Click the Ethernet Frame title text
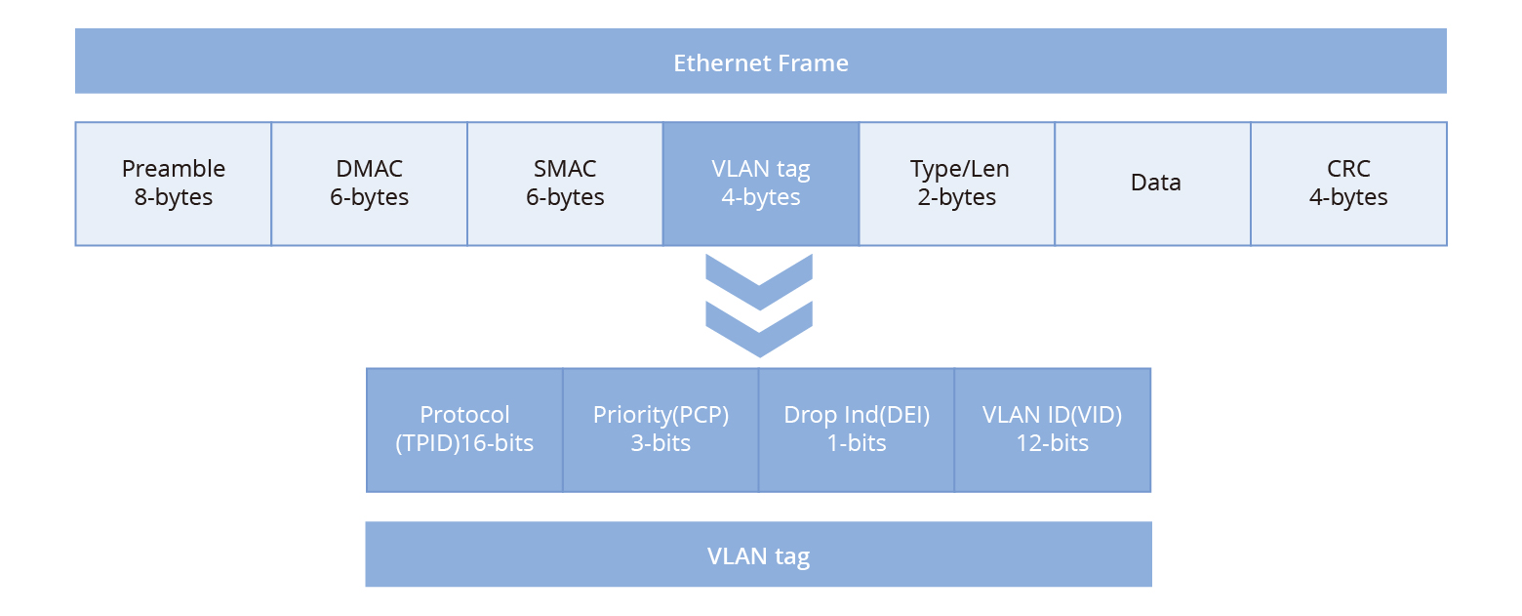click(761, 63)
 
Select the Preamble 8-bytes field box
click(174, 184)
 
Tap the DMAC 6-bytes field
click(369, 184)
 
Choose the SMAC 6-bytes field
click(565, 184)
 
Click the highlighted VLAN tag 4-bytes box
click(761, 184)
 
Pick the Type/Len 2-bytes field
click(957, 184)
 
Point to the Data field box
click(1155, 184)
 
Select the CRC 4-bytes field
click(1348, 184)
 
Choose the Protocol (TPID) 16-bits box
click(464, 430)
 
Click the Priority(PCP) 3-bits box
click(661, 430)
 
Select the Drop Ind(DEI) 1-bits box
click(857, 430)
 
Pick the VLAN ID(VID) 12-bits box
click(1052, 430)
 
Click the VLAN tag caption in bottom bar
click(758, 556)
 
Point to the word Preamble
click(174, 169)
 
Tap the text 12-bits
click(1052, 443)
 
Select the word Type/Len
click(959, 169)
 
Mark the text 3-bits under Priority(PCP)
click(661, 443)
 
